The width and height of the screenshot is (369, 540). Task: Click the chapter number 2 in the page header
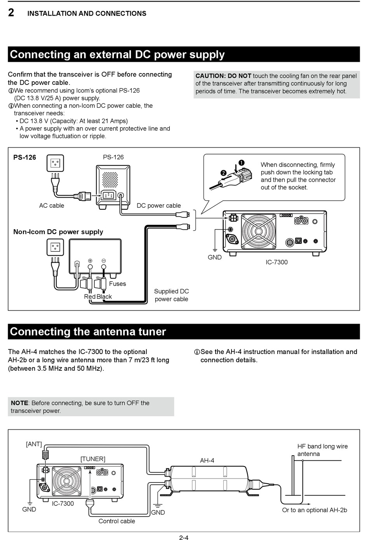[x=11, y=13]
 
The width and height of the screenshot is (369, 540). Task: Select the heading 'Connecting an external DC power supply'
[x=117, y=54]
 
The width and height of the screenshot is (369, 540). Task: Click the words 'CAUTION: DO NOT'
[x=223, y=76]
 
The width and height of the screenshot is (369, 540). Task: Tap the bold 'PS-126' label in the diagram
[x=24, y=158]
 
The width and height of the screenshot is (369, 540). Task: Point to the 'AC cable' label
[x=51, y=206]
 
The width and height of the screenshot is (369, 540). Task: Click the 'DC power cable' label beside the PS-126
[x=158, y=206]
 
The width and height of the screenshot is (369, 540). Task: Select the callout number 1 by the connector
[x=241, y=163]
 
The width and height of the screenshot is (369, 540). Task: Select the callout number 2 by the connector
[x=223, y=173]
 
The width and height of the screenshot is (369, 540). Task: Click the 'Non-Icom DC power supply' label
[x=58, y=232]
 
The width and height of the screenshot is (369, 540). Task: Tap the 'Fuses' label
[x=117, y=284]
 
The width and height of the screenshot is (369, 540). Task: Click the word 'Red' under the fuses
[x=90, y=297]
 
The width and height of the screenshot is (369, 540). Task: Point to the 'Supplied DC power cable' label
[x=171, y=295]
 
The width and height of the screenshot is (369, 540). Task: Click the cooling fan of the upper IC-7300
[x=258, y=232]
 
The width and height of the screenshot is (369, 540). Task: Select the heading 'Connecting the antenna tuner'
[x=88, y=332]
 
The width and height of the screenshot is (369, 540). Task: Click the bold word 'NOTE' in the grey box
[x=19, y=403]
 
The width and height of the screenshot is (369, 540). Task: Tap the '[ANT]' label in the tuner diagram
[x=34, y=444]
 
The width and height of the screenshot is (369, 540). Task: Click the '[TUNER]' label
[x=93, y=459]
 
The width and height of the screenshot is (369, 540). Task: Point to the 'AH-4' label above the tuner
[x=207, y=461]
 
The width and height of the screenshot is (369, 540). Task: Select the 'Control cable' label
[x=117, y=521]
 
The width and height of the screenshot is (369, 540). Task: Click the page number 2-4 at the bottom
[x=184, y=538]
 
